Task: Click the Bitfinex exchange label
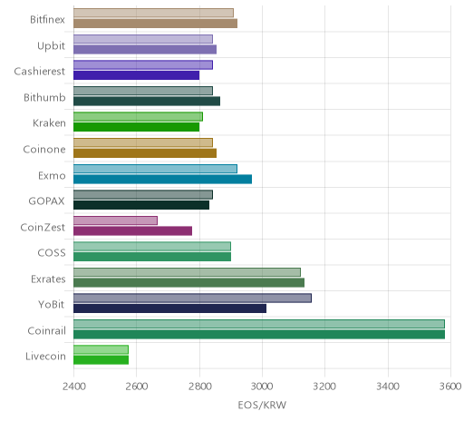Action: click(47, 20)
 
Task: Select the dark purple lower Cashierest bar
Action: click(136, 75)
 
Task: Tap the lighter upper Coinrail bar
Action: click(259, 324)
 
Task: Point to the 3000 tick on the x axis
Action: click(262, 387)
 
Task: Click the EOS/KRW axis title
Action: click(262, 405)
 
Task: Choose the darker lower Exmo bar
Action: click(162, 179)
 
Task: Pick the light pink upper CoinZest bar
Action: click(115, 220)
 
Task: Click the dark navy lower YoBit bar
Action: click(169, 308)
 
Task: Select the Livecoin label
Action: click(45, 356)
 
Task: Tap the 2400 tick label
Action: click(74, 387)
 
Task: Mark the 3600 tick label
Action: click(449, 387)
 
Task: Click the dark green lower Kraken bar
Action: click(136, 127)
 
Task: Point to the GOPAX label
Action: click(46, 201)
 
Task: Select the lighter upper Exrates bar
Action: click(187, 272)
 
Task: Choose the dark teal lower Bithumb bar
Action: click(147, 101)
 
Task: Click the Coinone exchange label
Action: click(44, 149)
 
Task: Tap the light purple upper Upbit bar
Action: click(143, 39)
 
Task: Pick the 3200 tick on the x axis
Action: click(324, 387)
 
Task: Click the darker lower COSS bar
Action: click(152, 257)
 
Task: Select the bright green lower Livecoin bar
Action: click(101, 360)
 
